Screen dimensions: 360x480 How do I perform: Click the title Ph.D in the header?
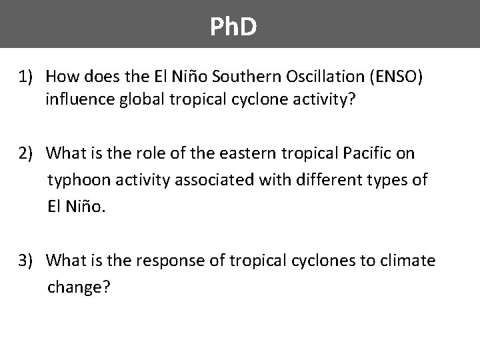[233, 27]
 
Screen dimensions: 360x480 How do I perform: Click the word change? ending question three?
[79, 287]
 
